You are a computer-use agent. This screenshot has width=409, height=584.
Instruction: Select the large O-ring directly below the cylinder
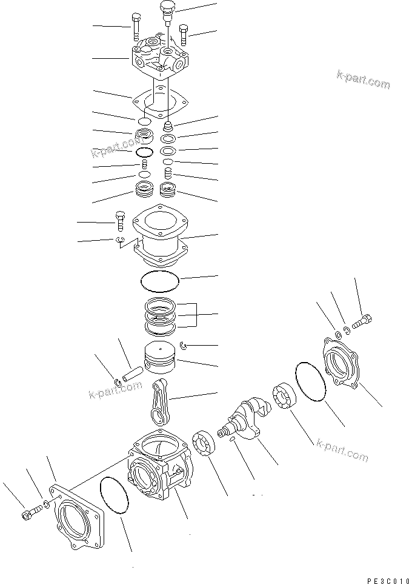tap(160, 281)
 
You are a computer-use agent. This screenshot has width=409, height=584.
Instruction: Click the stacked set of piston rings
tap(161, 315)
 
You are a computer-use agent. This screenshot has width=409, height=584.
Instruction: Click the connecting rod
tap(160, 403)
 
